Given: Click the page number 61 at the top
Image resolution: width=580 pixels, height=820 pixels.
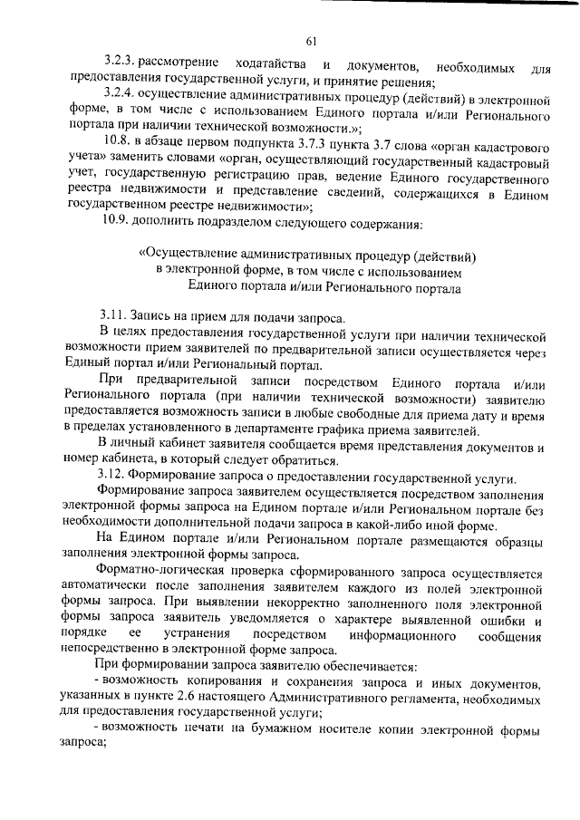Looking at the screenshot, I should [x=311, y=40].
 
